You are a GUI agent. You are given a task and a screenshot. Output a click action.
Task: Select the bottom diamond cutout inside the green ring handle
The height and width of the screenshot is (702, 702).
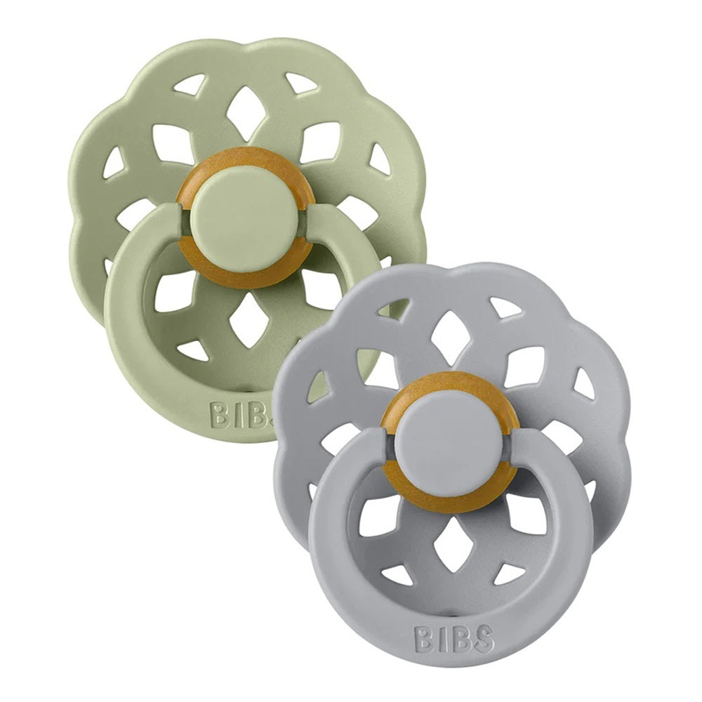tap(246, 321)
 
